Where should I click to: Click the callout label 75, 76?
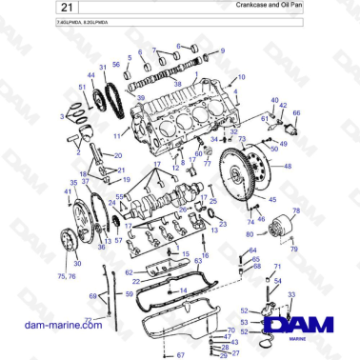tap(67, 276)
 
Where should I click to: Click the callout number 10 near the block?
tap(241, 76)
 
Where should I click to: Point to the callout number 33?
tap(290, 296)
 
